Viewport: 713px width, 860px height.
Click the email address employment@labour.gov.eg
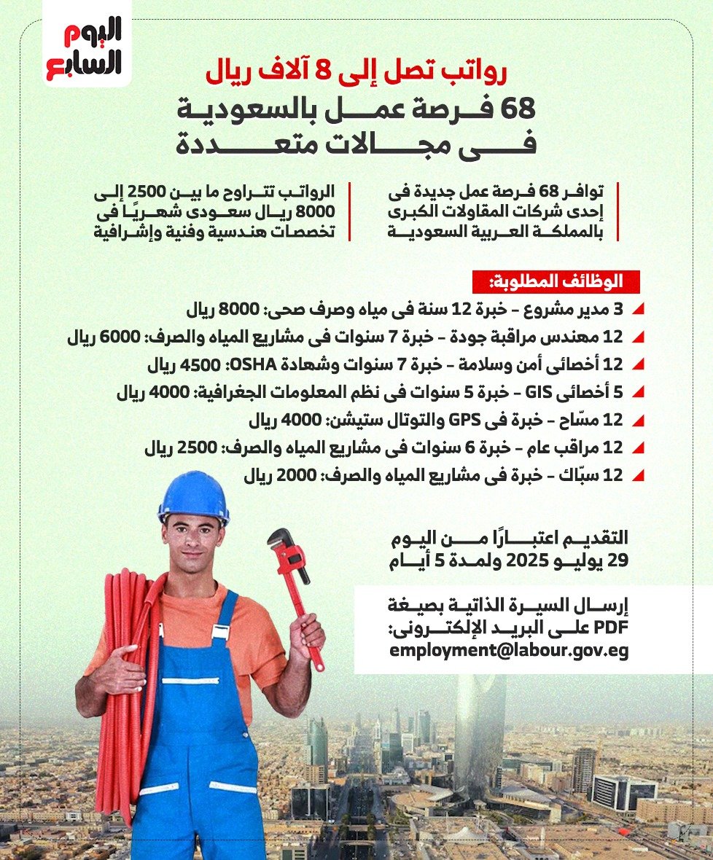(x=508, y=650)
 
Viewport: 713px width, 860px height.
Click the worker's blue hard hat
(x=193, y=496)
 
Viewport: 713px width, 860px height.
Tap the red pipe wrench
(x=296, y=590)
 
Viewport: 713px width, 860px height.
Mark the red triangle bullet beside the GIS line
(x=639, y=394)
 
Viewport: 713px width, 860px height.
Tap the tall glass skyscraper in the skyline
(x=479, y=729)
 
